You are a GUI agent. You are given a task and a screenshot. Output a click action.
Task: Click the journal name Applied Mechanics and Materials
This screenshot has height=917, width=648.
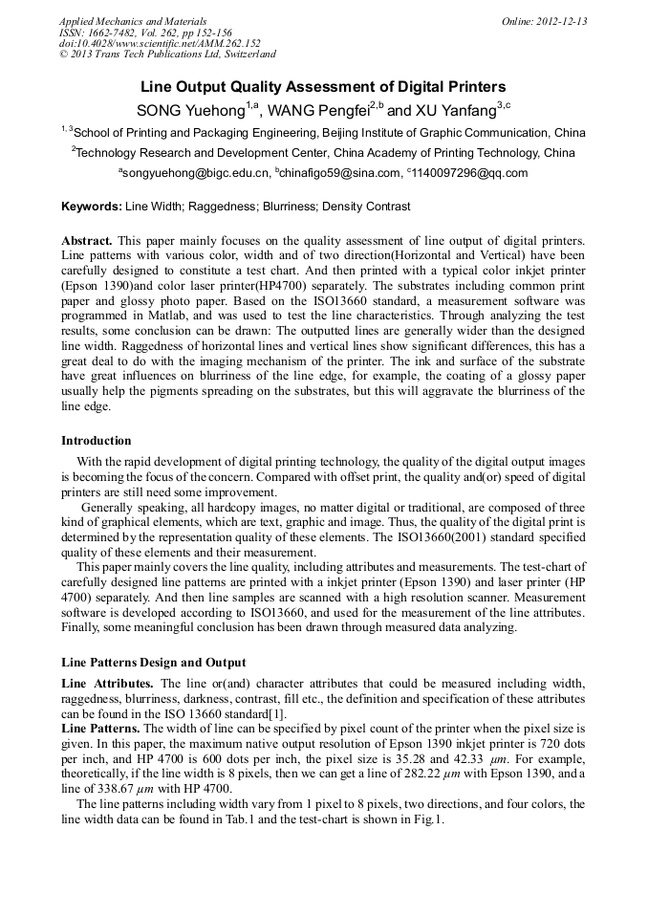tap(132, 21)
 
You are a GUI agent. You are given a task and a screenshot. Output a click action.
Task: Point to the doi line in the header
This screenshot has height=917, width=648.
tap(159, 43)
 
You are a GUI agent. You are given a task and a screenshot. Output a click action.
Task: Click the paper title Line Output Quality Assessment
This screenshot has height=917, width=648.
tap(323, 86)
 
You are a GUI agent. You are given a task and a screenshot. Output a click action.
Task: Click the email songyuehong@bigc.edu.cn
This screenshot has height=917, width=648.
tap(194, 173)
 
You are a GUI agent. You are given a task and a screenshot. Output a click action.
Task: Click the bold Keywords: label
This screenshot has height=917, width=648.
tap(92, 207)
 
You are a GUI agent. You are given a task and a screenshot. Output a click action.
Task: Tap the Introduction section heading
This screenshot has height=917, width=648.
tap(97, 441)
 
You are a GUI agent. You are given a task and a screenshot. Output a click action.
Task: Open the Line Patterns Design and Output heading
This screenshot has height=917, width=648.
tap(153, 662)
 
